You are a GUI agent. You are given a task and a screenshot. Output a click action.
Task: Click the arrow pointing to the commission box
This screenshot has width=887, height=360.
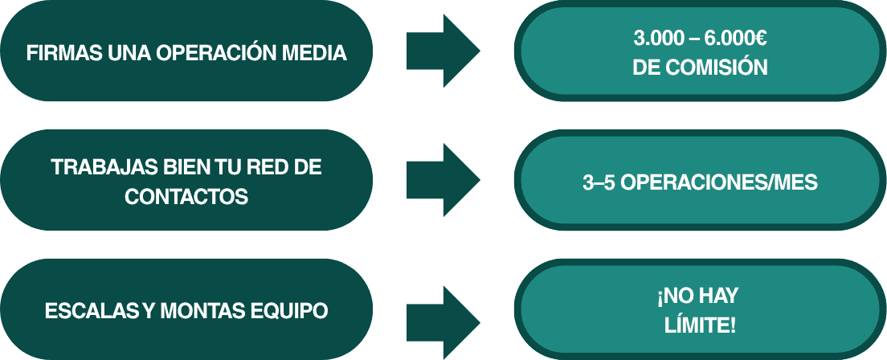(x=442, y=51)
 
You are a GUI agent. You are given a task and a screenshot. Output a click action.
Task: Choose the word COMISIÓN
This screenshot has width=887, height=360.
(x=723, y=68)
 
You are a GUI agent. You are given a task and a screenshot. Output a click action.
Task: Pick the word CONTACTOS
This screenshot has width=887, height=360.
(x=186, y=197)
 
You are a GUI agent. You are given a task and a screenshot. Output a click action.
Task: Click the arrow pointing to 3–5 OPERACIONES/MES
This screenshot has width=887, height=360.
(x=442, y=180)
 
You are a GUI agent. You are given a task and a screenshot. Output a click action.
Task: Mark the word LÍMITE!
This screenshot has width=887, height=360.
(x=701, y=326)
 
